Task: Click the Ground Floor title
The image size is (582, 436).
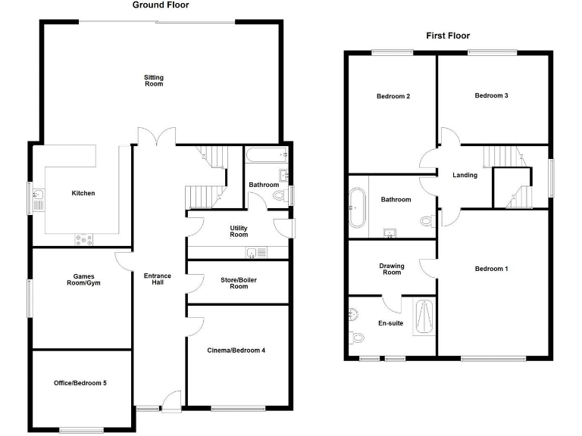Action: (161, 5)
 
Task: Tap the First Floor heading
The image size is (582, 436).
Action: (447, 36)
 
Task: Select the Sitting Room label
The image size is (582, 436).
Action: (154, 80)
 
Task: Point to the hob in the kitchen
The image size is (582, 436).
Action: (83, 240)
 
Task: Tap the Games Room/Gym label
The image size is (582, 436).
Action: (83, 279)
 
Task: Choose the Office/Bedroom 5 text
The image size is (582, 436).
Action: (80, 383)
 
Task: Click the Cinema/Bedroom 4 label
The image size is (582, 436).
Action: (236, 350)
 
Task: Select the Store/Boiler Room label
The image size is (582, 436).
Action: (239, 283)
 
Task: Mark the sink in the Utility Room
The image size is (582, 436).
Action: (253, 253)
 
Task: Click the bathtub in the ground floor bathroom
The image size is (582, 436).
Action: (265, 156)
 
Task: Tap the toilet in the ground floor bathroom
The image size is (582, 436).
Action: (280, 196)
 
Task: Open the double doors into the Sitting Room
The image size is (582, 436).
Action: (156, 137)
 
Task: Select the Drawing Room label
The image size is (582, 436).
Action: (392, 269)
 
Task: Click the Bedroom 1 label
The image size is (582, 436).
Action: (491, 269)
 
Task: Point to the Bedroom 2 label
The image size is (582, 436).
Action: (393, 96)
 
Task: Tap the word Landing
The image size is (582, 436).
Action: (465, 175)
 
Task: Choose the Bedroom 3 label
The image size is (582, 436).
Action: (491, 95)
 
